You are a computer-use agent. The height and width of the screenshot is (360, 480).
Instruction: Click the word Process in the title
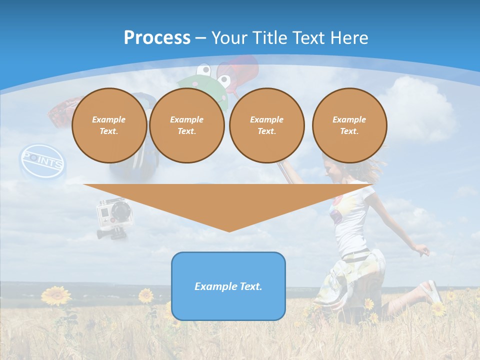coord(157,37)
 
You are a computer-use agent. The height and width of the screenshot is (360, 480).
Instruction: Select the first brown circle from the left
coord(109,125)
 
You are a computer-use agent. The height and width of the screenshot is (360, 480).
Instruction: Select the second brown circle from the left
coord(186,125)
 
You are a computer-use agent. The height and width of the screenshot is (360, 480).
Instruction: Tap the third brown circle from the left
coord(266,125)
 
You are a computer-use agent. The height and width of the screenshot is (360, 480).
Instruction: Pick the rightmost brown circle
coord(349,125)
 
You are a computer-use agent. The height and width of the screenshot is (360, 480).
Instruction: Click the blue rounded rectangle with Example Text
coord(228,286)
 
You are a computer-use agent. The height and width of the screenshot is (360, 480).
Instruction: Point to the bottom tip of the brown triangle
coord(229,230)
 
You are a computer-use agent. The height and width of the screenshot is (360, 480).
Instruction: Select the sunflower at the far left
coord(55,295)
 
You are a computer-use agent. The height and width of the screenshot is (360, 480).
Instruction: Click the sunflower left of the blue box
coord(146,295)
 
